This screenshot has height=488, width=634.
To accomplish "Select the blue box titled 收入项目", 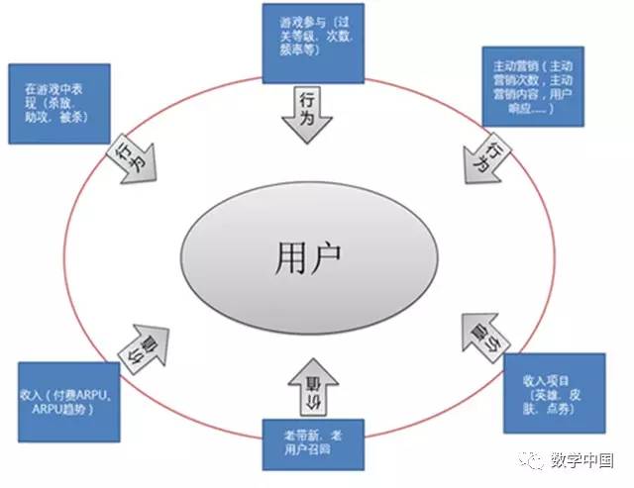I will coord(553,393).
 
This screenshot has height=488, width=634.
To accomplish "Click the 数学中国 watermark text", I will coord(582,460).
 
